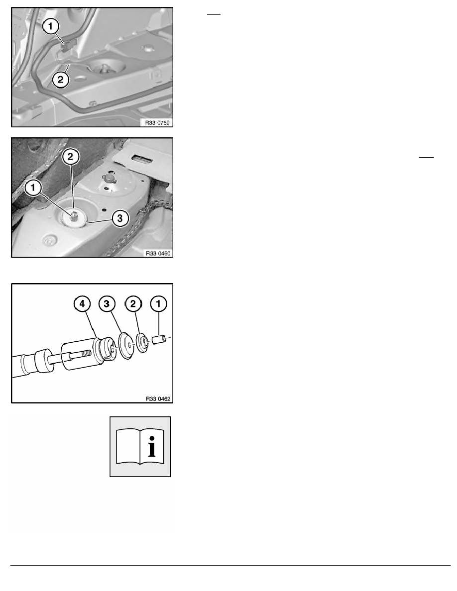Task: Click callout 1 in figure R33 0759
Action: (x=51, y=27)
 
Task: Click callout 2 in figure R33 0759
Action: (x=60, y=80)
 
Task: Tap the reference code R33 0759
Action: (x=157, y=122)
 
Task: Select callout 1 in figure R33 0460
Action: (x=33, y=188)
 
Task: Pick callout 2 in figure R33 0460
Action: (x=71, y=157)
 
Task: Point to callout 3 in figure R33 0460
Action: (x=120, y=218)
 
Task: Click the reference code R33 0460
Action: (x=158, y=253)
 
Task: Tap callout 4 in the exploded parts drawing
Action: (x=83, y=304)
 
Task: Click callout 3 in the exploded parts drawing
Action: (x=107, y=304)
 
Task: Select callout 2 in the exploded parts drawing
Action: (x=133, y=304)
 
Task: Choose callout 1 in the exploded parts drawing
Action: (x=158, y=304)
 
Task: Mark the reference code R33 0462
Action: (x=158, y=398)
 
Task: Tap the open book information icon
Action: (x=140, y=447)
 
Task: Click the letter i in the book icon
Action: (x=152, y=447)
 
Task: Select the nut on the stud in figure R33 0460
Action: (x=74, y=216)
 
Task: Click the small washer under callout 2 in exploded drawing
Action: (x=142, y=343)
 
